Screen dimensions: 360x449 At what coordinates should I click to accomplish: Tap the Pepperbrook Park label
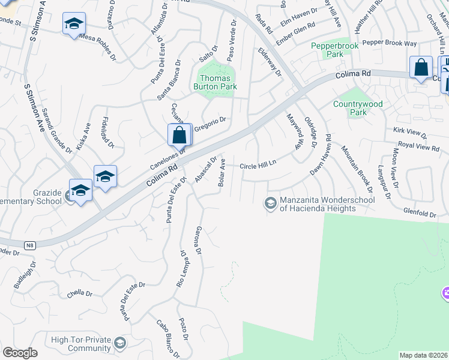pyautogui.click(x=327, y=50)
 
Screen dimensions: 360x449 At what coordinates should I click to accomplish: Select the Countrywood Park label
pyautogui.click(x=358, y=108)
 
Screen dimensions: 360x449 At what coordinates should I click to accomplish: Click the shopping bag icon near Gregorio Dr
pyautogui.click(x=179, y=135)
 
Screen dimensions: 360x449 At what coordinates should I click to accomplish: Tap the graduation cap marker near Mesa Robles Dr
pyautogui.click(x=74, y=24)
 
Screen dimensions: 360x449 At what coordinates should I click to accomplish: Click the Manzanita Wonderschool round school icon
pyautogui.click(x=271, y=203)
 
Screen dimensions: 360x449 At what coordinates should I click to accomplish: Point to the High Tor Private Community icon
pyautogui.click(x=120, y=343)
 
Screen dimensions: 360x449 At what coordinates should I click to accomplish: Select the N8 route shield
pyautogui.click(x=30, y=245)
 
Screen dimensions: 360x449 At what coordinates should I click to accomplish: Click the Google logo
pyautogui.click(x=20, y=353)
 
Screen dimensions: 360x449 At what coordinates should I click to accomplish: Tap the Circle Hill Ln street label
pyautogui.click(x=258, y=166)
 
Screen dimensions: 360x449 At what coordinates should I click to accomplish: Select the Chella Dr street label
pyautogui.click(x=80, y=294)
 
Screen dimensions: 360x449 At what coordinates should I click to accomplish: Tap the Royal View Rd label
pyautogui.click(x=419, y=147)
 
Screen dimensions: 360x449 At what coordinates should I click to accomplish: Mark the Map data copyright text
pyautogui.click(x=423, y=355)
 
